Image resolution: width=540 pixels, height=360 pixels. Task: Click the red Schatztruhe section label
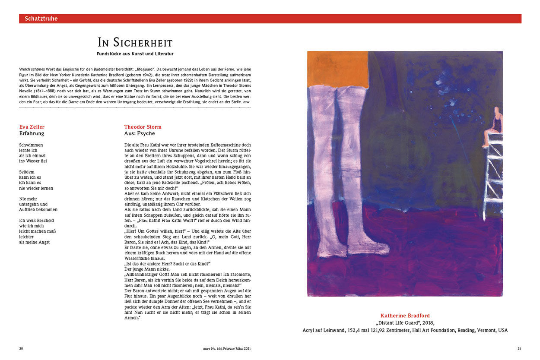click(x=41, y=19)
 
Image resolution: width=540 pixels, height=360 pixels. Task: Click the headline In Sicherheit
click(x=135, y=42)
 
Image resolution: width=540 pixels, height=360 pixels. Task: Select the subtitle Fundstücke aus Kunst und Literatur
click(x=135, y=54)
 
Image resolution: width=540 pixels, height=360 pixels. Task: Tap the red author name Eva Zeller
click(x=32, y=127)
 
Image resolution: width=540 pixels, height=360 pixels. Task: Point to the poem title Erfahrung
click(x=32, y=133)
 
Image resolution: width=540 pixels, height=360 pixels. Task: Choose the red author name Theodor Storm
click(x=143, y=127)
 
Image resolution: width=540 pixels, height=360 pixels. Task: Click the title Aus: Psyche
click(x=139, y=133)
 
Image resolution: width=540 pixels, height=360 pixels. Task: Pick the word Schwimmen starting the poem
click(x=31, y=145)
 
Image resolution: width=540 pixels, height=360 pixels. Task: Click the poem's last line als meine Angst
click(x=35, y=242)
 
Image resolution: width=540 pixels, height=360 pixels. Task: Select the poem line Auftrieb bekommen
click(x=38, y=209)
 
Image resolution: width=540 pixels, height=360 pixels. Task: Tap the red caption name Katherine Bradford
click(x=405, y=316)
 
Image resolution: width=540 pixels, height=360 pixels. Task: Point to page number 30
click(x=21, y=348)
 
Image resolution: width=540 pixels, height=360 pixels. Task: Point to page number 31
click(x=519, y=348)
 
